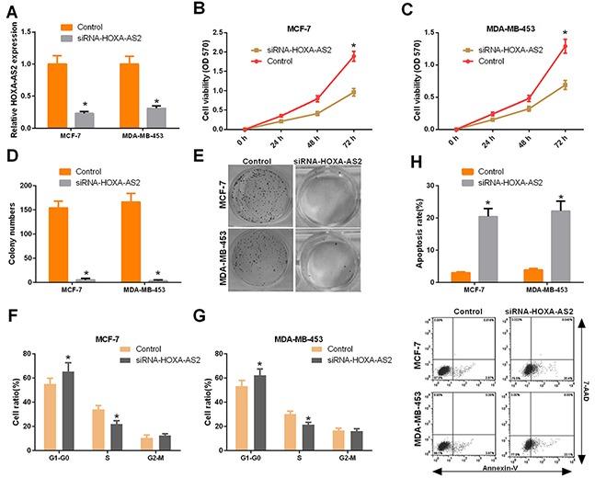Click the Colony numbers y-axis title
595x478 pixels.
tap(11, 228)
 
